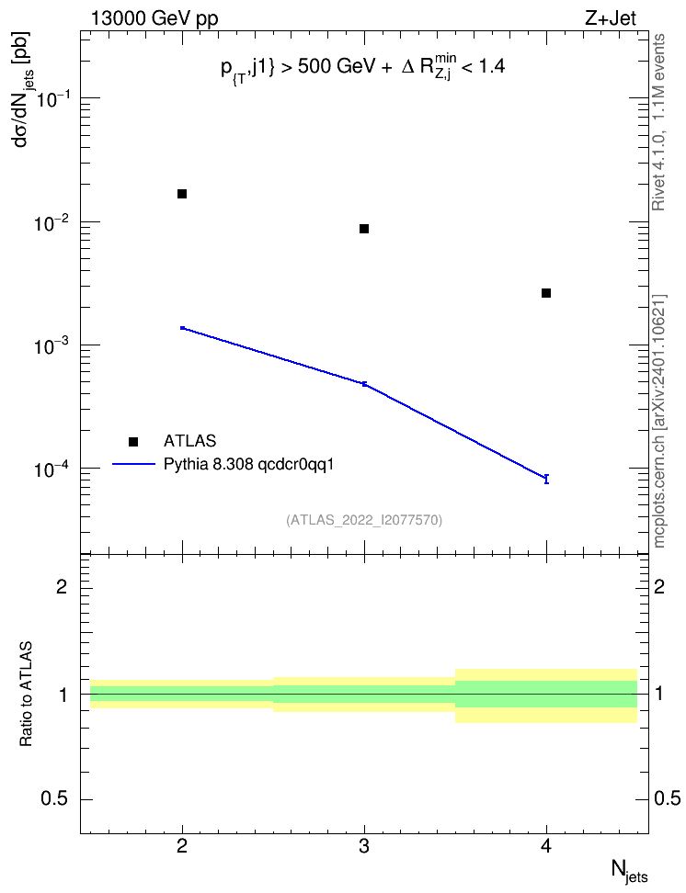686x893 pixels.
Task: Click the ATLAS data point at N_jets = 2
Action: pos(182,194)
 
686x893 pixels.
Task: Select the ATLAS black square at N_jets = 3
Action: pos(364,229)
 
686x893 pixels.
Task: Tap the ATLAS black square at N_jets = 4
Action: pos(546,293)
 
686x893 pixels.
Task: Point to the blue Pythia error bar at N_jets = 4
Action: pos(546,479)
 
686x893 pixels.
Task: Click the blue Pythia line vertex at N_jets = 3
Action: pos(364,384)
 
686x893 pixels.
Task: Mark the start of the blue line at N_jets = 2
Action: pos(182,328)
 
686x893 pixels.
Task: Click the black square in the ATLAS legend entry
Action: pos(133,441)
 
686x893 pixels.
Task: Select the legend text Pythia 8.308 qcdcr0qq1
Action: pos(248,465)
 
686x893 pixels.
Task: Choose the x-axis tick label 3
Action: pos(364,847)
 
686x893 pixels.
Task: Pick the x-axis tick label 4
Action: pos(546,847)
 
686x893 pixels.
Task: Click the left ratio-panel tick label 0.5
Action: pos(54,799)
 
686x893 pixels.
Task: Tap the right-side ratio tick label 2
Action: pos(659,586)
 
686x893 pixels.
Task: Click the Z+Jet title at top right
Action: pos(610,18)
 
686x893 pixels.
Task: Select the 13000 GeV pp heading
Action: pos(154,19)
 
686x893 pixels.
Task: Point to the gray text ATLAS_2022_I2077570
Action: pos(364,520)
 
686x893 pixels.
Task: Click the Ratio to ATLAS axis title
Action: pos(26,695)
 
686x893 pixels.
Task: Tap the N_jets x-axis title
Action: pos(630,872)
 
